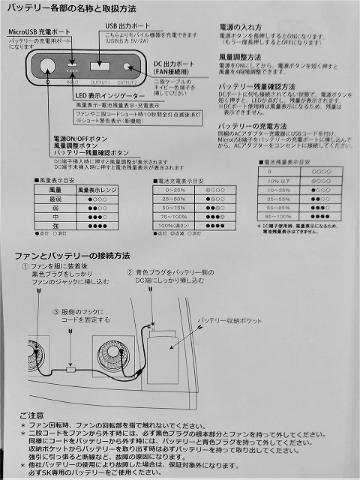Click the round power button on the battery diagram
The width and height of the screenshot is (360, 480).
(x=46, y=65)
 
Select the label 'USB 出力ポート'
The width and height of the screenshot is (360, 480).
(x=124, y=25)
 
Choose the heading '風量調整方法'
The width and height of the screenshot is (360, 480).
(x=240, y=56)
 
